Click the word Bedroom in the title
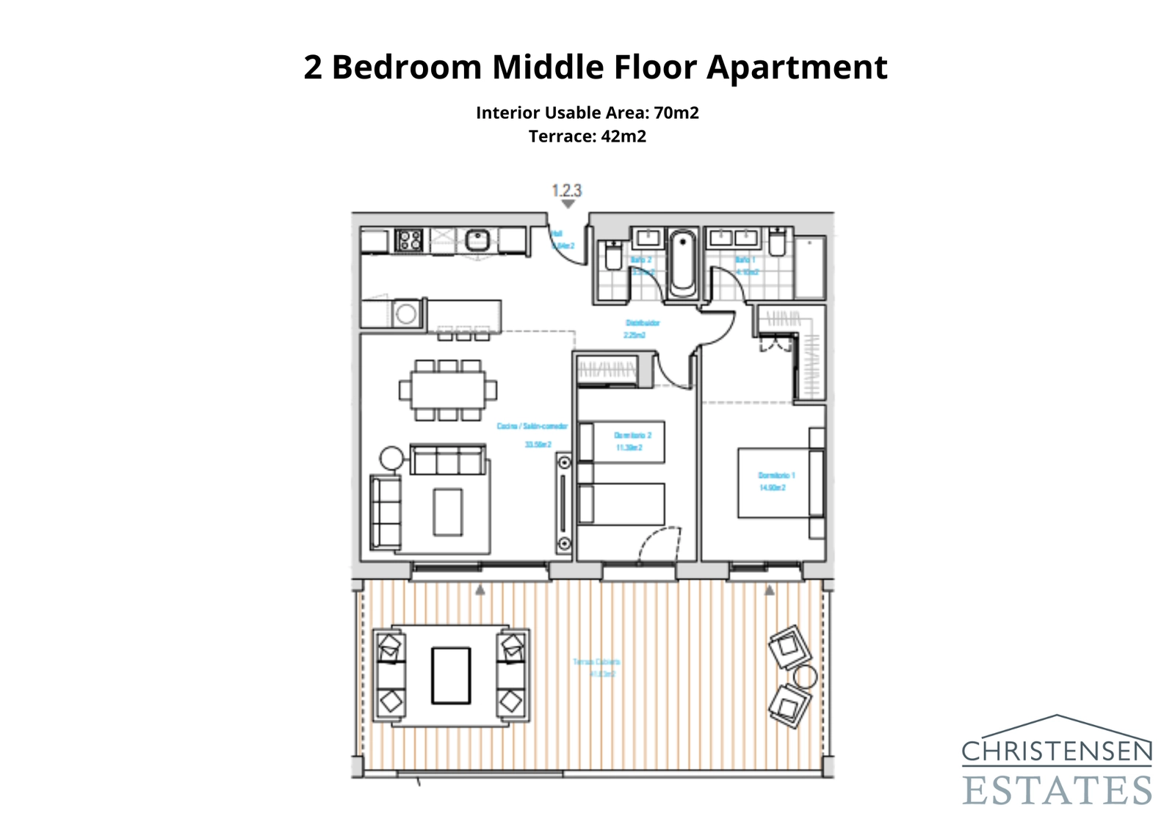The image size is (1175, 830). [406, 68]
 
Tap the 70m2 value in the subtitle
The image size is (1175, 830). [676, 113]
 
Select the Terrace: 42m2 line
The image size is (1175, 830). [587, 136]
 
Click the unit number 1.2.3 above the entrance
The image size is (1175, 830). [566, 191]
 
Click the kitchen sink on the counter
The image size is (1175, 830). [477, 240]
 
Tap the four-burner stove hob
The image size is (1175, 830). [409, 240]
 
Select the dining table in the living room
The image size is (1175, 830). [447, 390]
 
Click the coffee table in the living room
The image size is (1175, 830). [447, 512]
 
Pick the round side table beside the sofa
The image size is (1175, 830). [391, 459]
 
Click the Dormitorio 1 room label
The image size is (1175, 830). [776, 476]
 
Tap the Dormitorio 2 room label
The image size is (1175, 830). [632, 435]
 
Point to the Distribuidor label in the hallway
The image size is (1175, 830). [643, 323]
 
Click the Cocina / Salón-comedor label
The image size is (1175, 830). [532, 426]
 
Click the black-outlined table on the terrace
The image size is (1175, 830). [450, 675]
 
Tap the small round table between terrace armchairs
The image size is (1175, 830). [805, 677]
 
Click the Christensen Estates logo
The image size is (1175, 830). [1057, 761]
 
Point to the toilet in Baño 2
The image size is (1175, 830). [613, 257]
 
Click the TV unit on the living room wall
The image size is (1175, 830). [564, 503]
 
